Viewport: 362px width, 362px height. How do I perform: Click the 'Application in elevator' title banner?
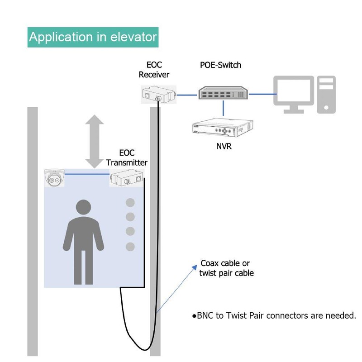click(93, 36)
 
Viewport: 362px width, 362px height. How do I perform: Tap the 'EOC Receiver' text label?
click(154, 70)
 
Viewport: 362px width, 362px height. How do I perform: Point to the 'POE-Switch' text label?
click(220, 65)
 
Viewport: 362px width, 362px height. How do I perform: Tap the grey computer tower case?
click(326, 94)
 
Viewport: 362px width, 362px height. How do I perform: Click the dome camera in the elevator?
click(54, 177)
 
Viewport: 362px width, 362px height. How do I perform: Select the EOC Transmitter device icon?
click(127, 178)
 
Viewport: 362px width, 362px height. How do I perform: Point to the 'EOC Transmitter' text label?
click(127, 157)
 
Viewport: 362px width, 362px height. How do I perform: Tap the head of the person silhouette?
click(84, 208)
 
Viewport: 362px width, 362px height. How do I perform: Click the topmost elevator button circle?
click(130, 202)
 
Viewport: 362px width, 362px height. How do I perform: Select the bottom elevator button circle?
click(130, 247)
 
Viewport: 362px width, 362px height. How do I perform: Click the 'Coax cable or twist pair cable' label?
click(226, 268)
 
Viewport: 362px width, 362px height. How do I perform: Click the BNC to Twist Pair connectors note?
click(274, 315)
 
